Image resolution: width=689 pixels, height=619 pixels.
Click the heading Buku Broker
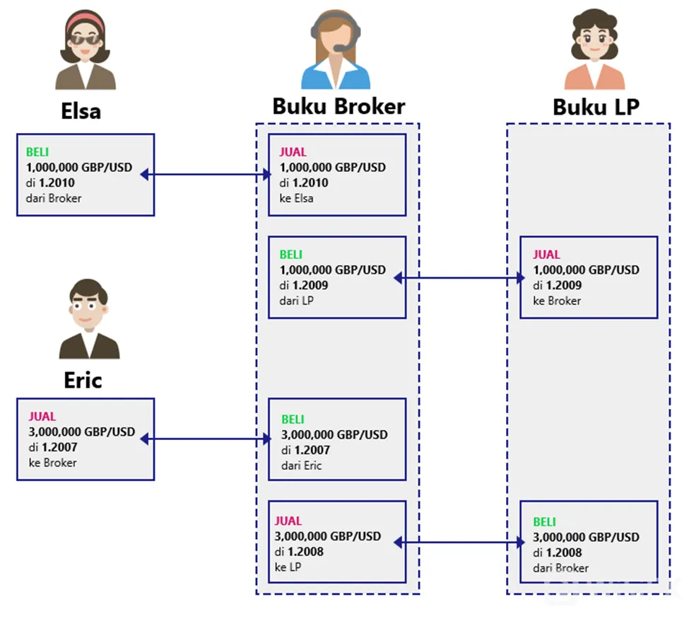click(x=338, y=106)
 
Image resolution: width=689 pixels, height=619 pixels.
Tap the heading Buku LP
click(x=596, y=107)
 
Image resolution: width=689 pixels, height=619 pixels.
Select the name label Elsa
click(x=81, y=111)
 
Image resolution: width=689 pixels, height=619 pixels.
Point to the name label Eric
click(x=83, y=380)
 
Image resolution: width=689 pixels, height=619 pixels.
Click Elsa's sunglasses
click(x=85, y=39)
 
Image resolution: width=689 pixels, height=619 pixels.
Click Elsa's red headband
click(x=85, y=21)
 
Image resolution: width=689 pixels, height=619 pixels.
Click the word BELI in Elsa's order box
click(x=37, y=152)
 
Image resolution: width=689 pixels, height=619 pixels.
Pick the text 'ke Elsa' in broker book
click(x=296, y=198)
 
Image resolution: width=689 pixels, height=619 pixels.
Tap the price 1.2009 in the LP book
click(x=564, y=286)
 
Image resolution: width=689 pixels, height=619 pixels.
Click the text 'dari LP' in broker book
click(x=296, y=301)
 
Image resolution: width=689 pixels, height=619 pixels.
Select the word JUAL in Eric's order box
click(x=42, y=417)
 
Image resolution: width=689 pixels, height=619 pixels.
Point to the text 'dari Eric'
click(x=302, y=465)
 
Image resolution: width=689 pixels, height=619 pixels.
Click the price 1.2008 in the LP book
click(x=564, y=553)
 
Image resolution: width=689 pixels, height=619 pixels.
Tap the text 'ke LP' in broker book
click(x=288, y=567)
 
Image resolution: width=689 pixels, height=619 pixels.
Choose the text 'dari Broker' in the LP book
click(x=560, y=568)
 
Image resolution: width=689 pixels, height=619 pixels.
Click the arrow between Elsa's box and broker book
click(x=206, y=175)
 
